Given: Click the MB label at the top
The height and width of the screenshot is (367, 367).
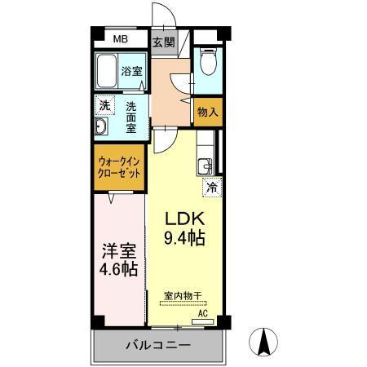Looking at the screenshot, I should (120, 39).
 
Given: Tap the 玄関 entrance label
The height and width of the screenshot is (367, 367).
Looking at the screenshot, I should (163, 42).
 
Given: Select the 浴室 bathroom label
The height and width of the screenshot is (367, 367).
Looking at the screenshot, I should (131, 71).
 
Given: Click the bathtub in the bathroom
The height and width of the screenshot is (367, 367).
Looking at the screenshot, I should (107, 73).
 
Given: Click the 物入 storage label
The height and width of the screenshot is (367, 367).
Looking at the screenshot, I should (208, 113).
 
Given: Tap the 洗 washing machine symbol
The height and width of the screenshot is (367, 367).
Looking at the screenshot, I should (104, 105).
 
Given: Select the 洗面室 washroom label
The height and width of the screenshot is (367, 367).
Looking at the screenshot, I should (130, 117).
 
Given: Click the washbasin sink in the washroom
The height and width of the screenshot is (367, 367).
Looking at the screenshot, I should (101, 127).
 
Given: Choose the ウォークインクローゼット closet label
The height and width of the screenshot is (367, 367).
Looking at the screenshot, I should (119, 167).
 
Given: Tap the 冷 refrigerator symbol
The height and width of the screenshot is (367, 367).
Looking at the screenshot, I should (211, 187).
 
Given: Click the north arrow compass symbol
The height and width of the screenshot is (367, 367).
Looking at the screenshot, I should (265, 340).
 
